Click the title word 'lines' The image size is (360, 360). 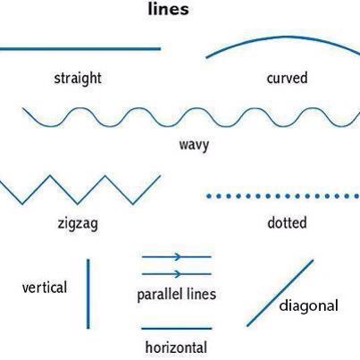tap(168, 9)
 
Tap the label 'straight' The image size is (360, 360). tap(78, 79)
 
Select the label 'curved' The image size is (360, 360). tap(287, 78)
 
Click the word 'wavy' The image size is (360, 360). tap(194, 146)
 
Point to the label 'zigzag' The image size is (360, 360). tap(78, 223)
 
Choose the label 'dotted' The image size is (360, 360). tap(287, 222)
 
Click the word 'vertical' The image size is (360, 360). tap(45, 288)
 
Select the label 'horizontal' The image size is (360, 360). tap(176, 347)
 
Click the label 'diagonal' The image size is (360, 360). tap(309, 306)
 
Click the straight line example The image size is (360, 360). tap(80, 48)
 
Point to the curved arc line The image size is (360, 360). tap(283, 37)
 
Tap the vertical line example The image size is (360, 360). tap(88, 294)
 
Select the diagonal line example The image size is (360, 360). tap(280, 293)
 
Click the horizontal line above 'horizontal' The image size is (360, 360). tap(177, 329)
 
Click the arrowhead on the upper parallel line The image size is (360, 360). tap(178, 256)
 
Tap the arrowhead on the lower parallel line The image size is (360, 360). tap(178, 273)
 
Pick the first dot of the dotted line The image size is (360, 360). tap(209, 196)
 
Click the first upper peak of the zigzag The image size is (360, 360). tap(50, 176)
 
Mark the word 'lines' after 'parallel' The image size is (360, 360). tap(202, 294)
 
